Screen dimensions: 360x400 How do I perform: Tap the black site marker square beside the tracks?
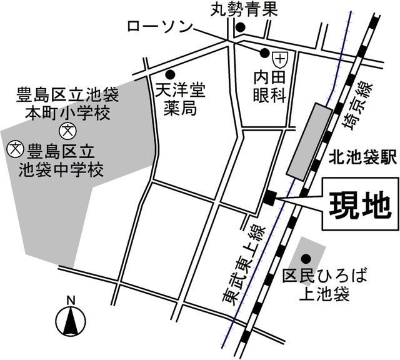(269, 197)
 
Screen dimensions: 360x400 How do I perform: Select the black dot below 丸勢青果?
(240, 27)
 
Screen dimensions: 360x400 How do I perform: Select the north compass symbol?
(71, 319)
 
